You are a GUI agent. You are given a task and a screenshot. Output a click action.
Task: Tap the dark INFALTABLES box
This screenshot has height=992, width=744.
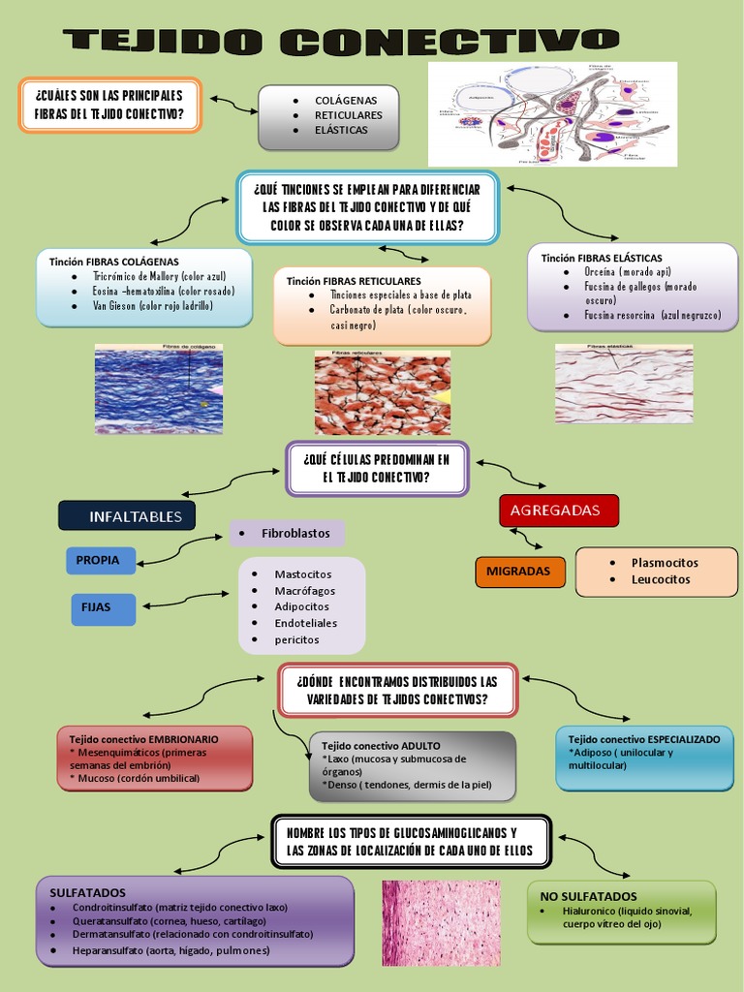pyautogui.click(x=127, y=516)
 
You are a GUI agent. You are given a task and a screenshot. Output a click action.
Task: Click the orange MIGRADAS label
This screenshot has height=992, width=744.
pyautogui.click(x=518, y=572)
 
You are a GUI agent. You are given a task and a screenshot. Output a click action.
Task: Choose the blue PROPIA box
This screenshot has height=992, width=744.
pyautogui.click(x=99, y=560)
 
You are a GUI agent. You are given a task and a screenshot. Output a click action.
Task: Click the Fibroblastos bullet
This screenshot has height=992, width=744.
pyautogui.click(x=295, y=533)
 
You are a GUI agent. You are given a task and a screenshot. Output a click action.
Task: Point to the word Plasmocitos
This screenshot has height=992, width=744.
pyautogui.click(x=664, y=562)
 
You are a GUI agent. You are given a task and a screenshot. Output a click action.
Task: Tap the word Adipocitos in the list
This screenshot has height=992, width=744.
pyautogui.click(x=302, y=606)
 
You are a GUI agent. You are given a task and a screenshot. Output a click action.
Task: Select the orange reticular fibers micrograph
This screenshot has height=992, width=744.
pyautogui.click(x=382, y=392)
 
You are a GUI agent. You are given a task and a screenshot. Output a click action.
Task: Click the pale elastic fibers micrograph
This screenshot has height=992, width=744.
pyautogui.click(x=623, y=384)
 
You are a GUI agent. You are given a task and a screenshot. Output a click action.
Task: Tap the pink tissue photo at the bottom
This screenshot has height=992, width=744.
pyautogui.click(x=441, y=922)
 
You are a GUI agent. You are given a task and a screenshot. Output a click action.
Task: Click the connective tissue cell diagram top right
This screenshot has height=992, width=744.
pyautogui.click(x=552, y=113)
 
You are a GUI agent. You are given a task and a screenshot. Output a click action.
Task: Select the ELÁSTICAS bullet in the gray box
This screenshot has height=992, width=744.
pyautogui.click(x=341, y=130)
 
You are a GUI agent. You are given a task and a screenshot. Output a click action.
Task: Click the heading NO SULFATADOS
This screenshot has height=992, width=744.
pyautogui.click(x=589, y=896)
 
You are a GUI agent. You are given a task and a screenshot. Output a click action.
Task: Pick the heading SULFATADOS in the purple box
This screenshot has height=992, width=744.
pyautogui.click(x=87, y=892)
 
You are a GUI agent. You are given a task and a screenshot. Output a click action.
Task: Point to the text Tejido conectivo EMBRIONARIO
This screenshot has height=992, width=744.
pyautogui.click(x=150, y=738)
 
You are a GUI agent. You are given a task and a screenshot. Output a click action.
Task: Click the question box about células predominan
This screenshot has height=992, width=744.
pyautogui.click(x=377, y=468)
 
